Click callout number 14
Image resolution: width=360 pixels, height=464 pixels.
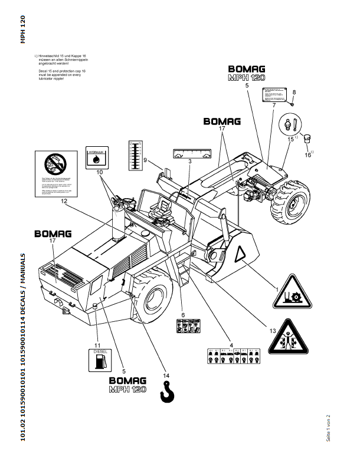(166, 376)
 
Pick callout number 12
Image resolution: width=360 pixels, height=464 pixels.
(63, 200)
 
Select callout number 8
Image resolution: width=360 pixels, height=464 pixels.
(294, 92)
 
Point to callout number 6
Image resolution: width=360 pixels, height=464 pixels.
(183, 315)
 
